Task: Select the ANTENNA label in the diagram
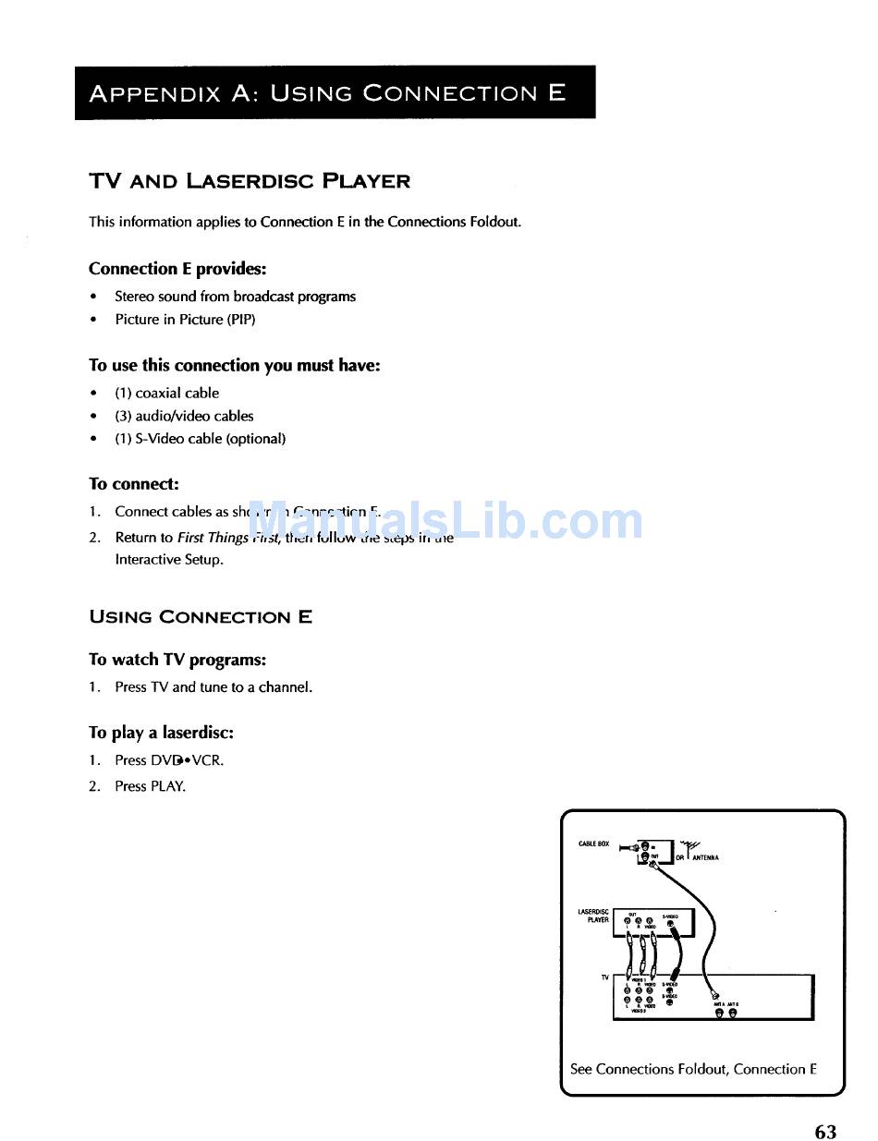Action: [x=705, y=857]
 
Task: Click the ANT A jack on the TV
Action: [x=718, y=1014]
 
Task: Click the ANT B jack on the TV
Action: [x=732, y=1014]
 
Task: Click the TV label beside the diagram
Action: [x=605, y=977]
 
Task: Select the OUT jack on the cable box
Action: [x=645, y=856]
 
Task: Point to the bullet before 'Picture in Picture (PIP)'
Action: [x=93, y=320]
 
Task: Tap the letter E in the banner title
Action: [x=556, y=93]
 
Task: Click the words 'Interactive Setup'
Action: [x=169, y=559]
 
